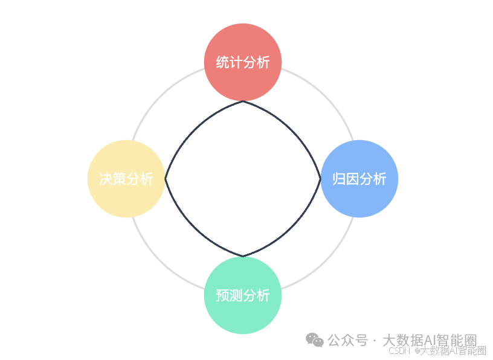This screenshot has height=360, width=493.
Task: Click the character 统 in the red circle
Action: pos(223,62)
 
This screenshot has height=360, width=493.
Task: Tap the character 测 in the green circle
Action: pos(236,295)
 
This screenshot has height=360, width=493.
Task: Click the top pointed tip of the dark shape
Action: pos(243,101)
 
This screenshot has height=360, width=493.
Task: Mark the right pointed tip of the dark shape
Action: pos(320,179)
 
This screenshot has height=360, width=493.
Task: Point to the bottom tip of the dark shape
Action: pos(243,256)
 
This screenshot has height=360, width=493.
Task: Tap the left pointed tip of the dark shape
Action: pos(166,179)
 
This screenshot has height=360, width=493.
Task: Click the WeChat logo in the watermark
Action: pos(314,340)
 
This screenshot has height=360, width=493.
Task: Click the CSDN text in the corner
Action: pos(399,350)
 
